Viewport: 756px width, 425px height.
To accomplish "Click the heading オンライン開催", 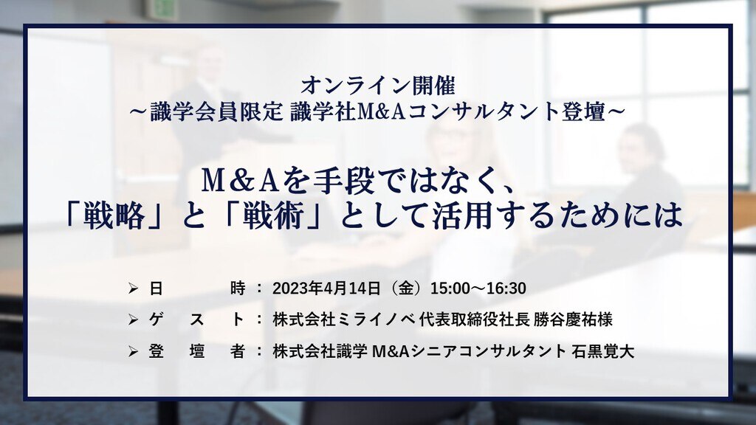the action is [x=378, y=86].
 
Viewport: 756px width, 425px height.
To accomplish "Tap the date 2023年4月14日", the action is [x=327, y=288].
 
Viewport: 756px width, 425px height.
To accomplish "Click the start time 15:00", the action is [x=450, y=288].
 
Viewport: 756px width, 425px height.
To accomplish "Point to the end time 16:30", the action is [x=506, y=288].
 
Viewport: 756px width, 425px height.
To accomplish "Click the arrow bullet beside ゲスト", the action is [x=134, y=319].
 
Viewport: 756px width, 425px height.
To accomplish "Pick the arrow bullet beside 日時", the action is [x=134, y=288].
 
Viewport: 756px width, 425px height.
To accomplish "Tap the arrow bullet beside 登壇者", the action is [x=134, y=352].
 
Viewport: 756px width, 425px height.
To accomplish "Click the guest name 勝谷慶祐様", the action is [x=573, y=319].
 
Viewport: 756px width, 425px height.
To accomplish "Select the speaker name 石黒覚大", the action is [x=603, y=351].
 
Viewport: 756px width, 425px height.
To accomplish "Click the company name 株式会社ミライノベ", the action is [x=343, y=319].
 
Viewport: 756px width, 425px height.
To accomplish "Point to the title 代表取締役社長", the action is [x=475, y=319].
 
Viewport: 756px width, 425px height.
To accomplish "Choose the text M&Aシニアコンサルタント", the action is [x=470, y=351].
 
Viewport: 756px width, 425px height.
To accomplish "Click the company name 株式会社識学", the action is [x=320, y=351].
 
